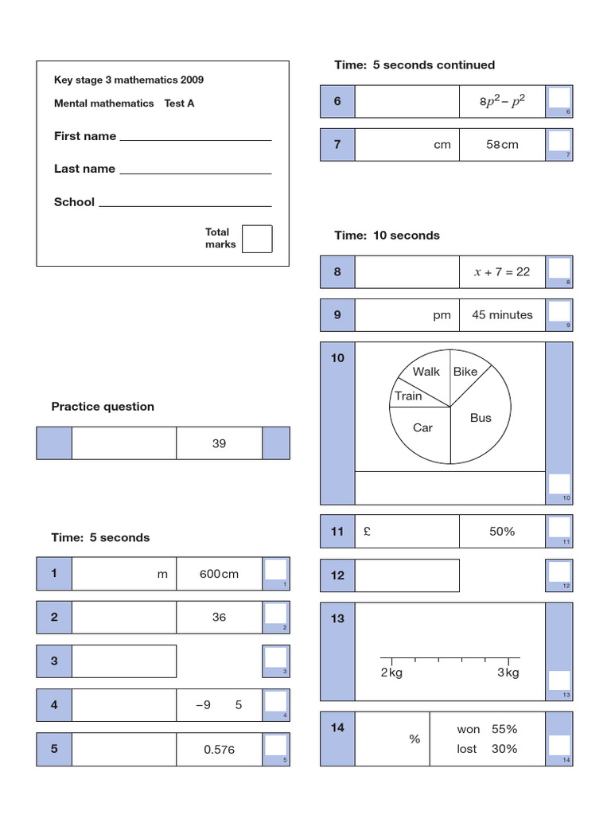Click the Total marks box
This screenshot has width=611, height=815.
click(256, 239)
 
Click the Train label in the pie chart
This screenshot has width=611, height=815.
click(408, 396)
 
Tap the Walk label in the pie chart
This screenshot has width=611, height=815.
click(426, 372)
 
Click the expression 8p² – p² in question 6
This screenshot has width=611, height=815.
click(502, 102)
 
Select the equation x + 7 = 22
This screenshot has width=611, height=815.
click(502, 271)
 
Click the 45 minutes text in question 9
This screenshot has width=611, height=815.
click(502, 315)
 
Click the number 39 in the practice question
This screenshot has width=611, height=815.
click(219, 443)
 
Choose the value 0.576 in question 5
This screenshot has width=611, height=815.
click(219, 749)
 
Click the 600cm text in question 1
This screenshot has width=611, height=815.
click(219, 574)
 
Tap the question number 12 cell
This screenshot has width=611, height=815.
click(337, 575)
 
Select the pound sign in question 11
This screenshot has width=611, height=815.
click(366, 531)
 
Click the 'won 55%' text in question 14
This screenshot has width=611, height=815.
click(487, 729)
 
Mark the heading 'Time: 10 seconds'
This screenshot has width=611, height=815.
click(387, 236)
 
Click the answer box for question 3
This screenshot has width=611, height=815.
click(124, 661)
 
